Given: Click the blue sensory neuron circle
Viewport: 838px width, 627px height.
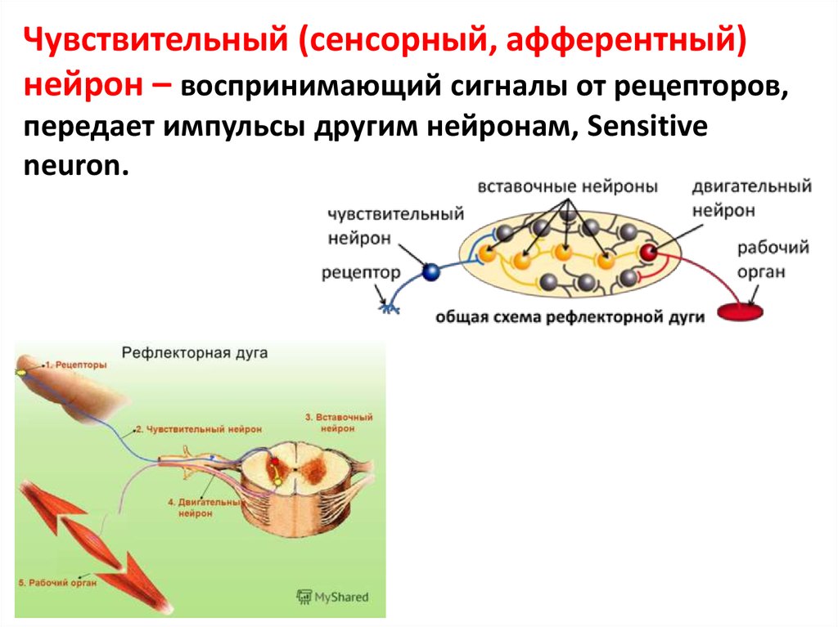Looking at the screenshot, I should [x=430, y=273].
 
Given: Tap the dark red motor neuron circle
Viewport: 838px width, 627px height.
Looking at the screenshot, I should [x=649, y=253].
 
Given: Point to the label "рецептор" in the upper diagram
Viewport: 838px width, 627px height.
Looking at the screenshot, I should [x=361, y=273].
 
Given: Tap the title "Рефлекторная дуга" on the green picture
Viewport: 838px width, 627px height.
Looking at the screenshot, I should [x=195, y=353].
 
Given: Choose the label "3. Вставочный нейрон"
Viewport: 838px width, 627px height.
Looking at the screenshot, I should [x=338, y=422].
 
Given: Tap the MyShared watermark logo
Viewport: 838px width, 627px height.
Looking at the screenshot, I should [x=332, y=597].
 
